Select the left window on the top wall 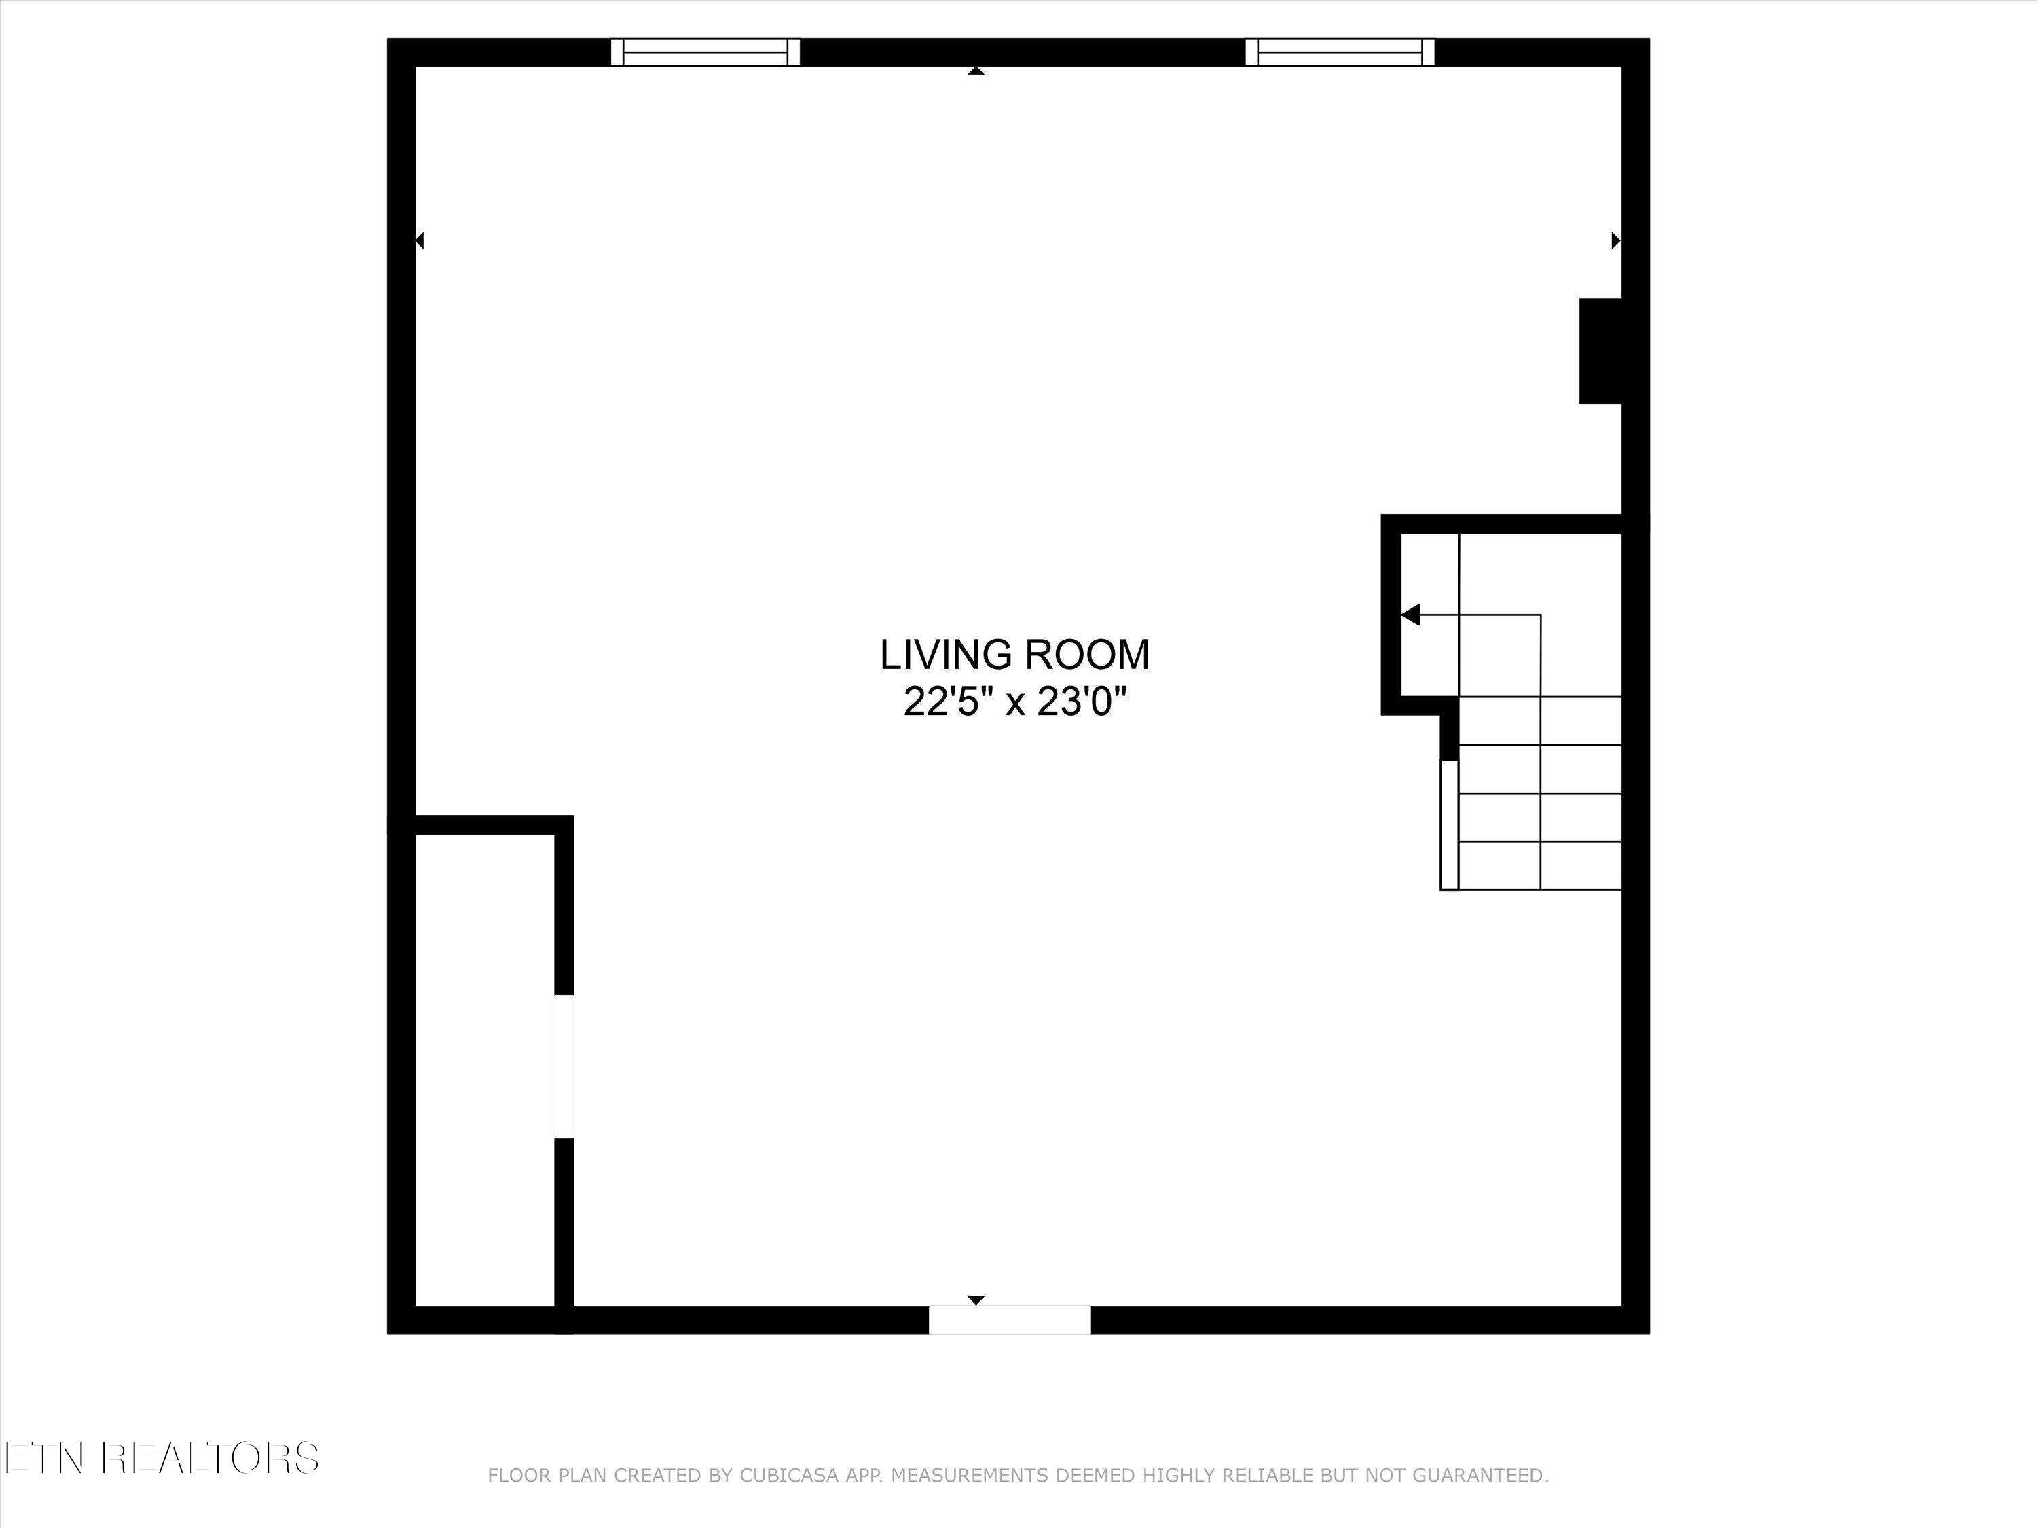pyautogui.click(x=705, y=52)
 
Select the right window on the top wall pyautogui.click(x=1340, y=52)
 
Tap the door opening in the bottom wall pyautogui.click(x=1009, y=1320)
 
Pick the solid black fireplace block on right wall pyautogui.click(x=1600, y=351)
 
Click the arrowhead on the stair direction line pyautogui.click(x=1411, y=615)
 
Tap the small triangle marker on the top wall pyautogui.click(x=976, y=70)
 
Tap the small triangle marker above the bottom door pyautogui.click(x=976, y=1300)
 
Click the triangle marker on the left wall pyautogui.click(x=420, y=240)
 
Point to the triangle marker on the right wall pyautogui.click(x=1615, y=240)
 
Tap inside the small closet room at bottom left pyautogui.click(x=484, y=1068)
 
